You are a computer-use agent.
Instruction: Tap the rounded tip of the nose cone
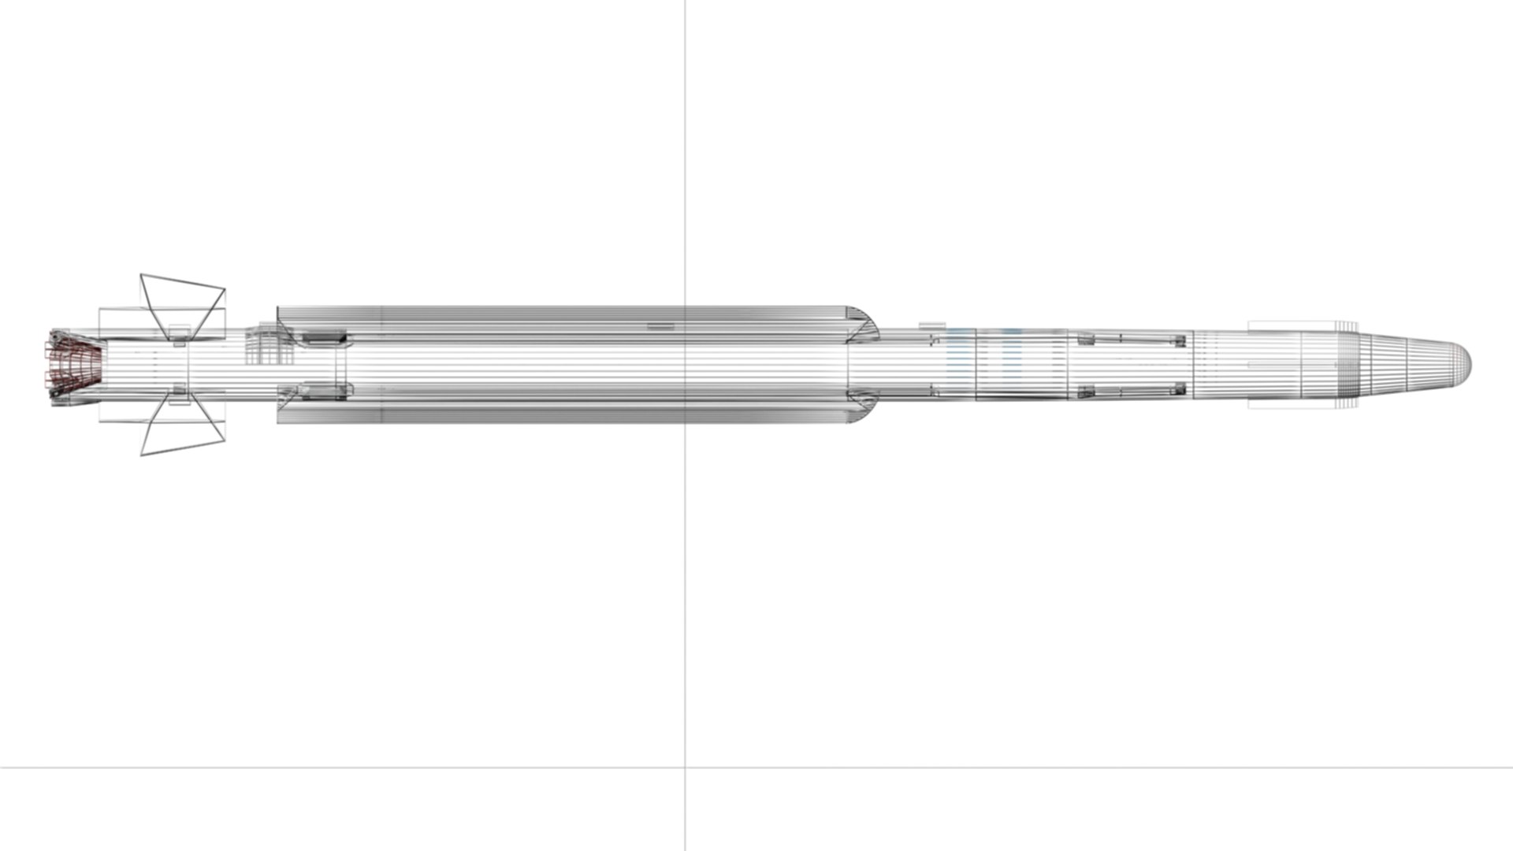click(1467, 365)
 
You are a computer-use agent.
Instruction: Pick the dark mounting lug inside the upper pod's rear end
click(324, 338)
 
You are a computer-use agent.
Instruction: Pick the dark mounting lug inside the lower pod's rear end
click(324, 388)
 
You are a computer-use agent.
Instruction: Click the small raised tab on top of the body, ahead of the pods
click(932, 324)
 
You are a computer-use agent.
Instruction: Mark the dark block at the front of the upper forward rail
click(1180, 340)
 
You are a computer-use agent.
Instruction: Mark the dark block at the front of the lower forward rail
click(1180, 388)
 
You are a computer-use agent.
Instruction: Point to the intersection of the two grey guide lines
click(685, 766)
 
